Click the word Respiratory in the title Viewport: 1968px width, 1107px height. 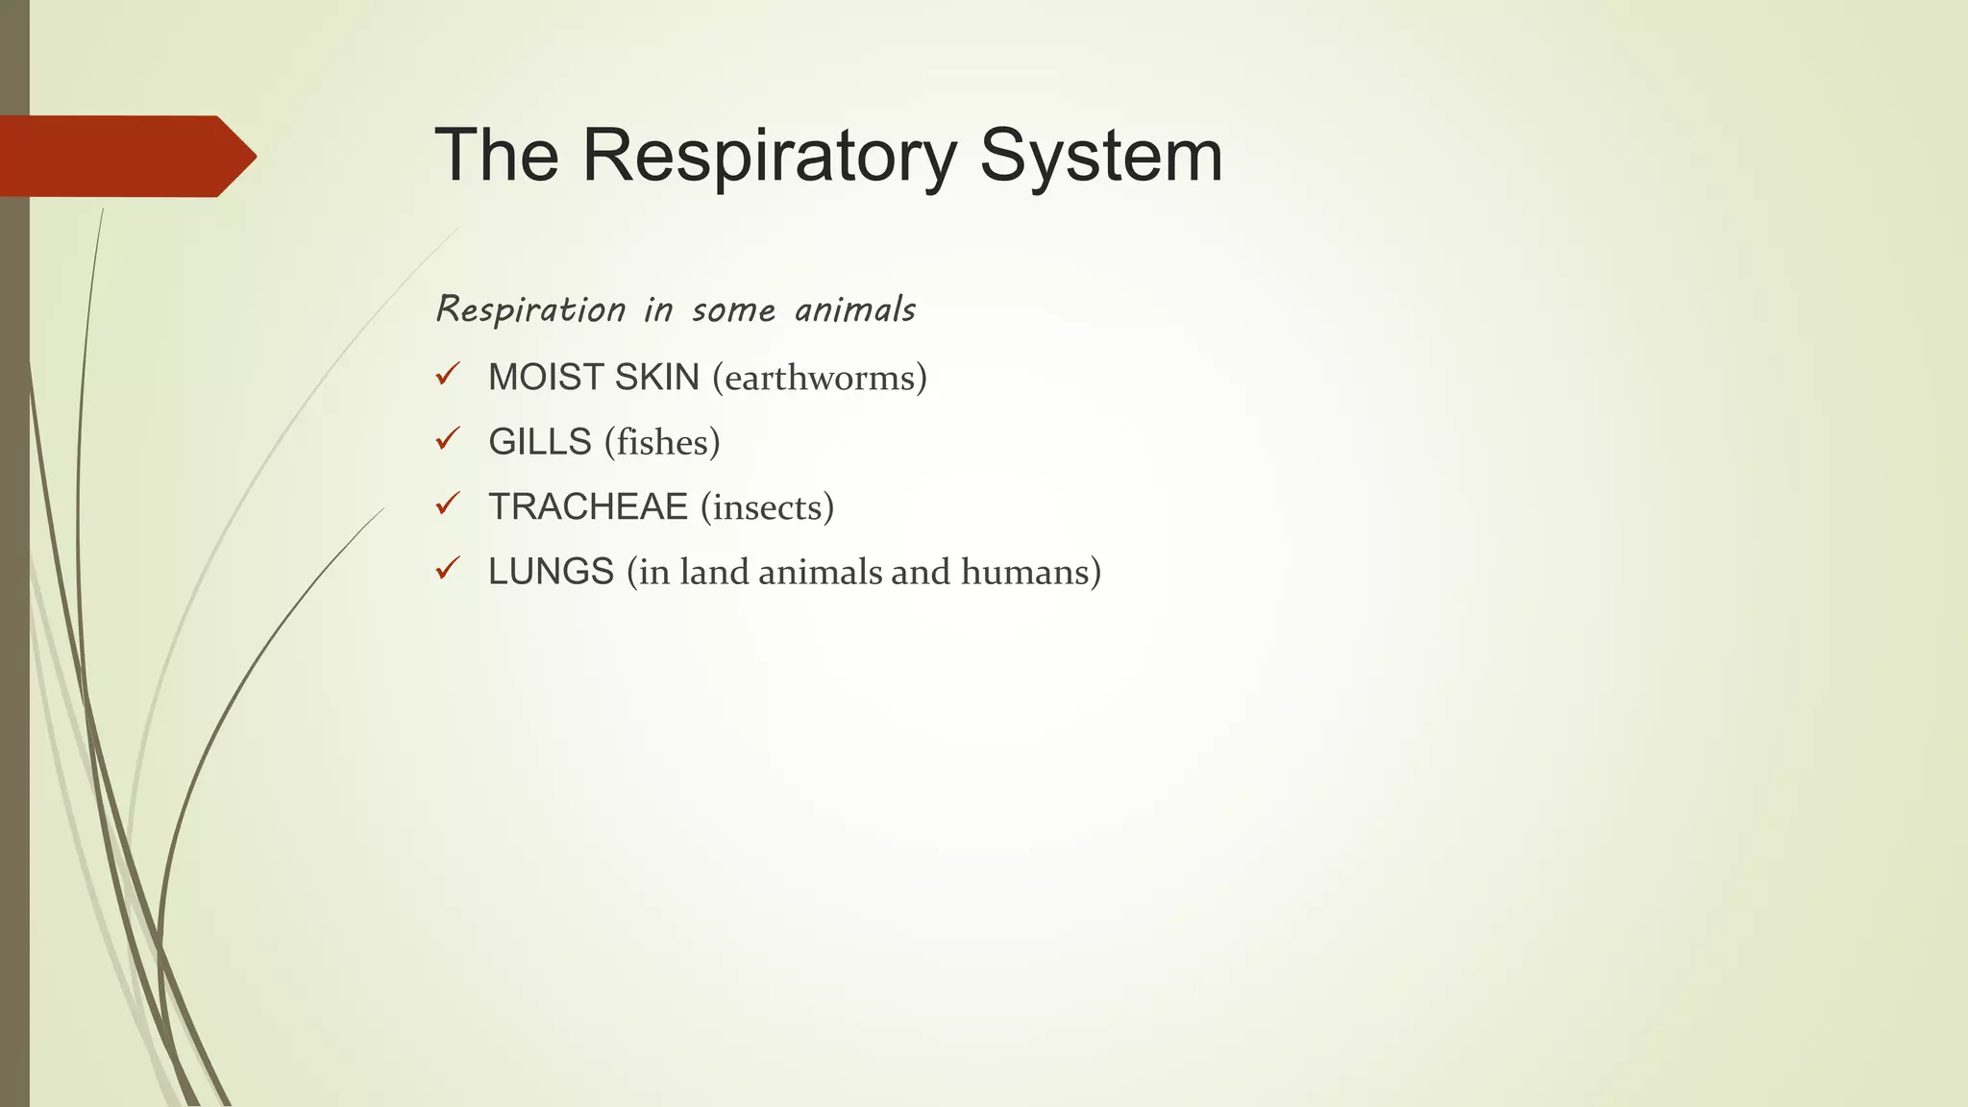(770, 156)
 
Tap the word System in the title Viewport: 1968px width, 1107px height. (1101, 156)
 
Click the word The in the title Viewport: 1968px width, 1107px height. (497, 156)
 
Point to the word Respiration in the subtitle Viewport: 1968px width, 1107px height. (531, 310)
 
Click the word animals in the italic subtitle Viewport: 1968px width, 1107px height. (855, 310)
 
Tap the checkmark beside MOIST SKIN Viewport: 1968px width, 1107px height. (448, 375)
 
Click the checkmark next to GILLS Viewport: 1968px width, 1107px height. (448, 439)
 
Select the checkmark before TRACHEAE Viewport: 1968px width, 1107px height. (448, 504)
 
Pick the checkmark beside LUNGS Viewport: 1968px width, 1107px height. (448, 569)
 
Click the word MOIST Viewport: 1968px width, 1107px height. (545, 378)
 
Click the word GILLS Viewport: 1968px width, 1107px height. (540, 442)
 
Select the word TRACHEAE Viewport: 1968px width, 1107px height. (588, 507)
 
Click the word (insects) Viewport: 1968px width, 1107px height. (767, 507)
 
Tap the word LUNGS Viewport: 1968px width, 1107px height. (551, 572)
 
